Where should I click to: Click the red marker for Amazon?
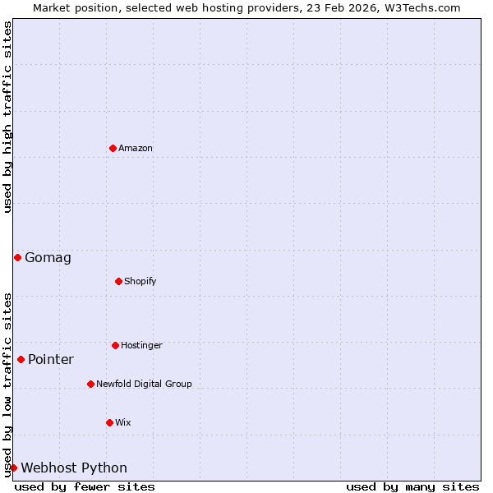113,148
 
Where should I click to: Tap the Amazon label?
136,148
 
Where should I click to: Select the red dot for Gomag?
17,257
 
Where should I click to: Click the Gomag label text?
48,258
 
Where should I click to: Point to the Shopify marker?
118,281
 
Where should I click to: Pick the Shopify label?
141,281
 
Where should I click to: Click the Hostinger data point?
115,345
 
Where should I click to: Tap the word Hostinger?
141,345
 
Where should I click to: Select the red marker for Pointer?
21,359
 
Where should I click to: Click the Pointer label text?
51,360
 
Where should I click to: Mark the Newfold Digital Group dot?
90,384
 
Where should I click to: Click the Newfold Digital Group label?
144,384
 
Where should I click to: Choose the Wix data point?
109,422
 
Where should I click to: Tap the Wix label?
123,422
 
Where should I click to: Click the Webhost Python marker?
13,468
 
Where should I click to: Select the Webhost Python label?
74,468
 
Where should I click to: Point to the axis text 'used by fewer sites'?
85,486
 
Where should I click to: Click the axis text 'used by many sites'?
412,486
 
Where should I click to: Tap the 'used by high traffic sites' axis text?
7,117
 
